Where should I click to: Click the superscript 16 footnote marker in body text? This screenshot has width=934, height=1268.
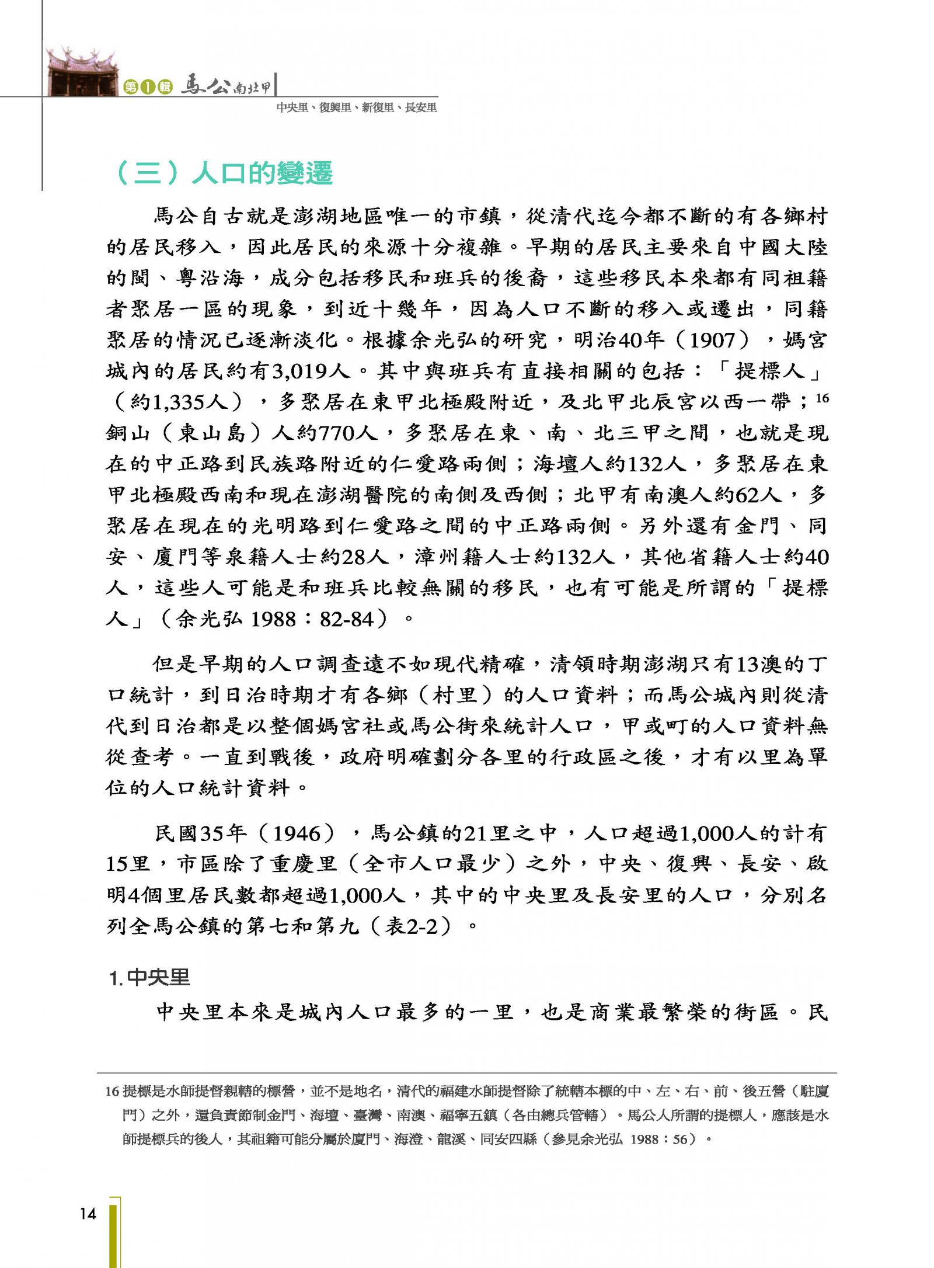tap(822, 398)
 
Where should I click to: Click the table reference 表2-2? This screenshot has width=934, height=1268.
tap(411, 926)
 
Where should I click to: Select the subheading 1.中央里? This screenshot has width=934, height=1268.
tap(149, 978)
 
